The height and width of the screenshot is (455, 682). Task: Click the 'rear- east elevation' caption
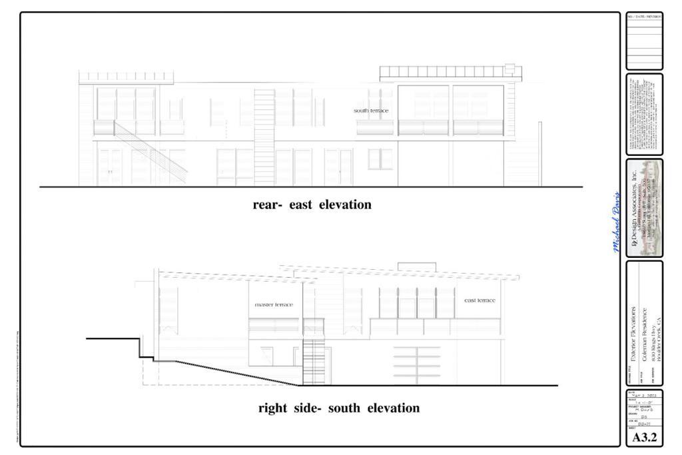(x=312, y=205)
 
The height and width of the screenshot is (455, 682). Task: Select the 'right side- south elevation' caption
(x=339, y=408)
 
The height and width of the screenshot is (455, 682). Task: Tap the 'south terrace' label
(x=371, y=111)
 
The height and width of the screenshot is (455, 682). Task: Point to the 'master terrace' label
(x=274, y=304)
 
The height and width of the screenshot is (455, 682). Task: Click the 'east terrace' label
(x=480, y=300)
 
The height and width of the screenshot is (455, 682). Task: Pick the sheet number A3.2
(x=644, y=438)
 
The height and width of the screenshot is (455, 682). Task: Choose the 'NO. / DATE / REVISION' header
(x=644, y=17)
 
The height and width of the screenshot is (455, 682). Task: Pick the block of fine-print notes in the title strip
(x=644, y=113)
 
